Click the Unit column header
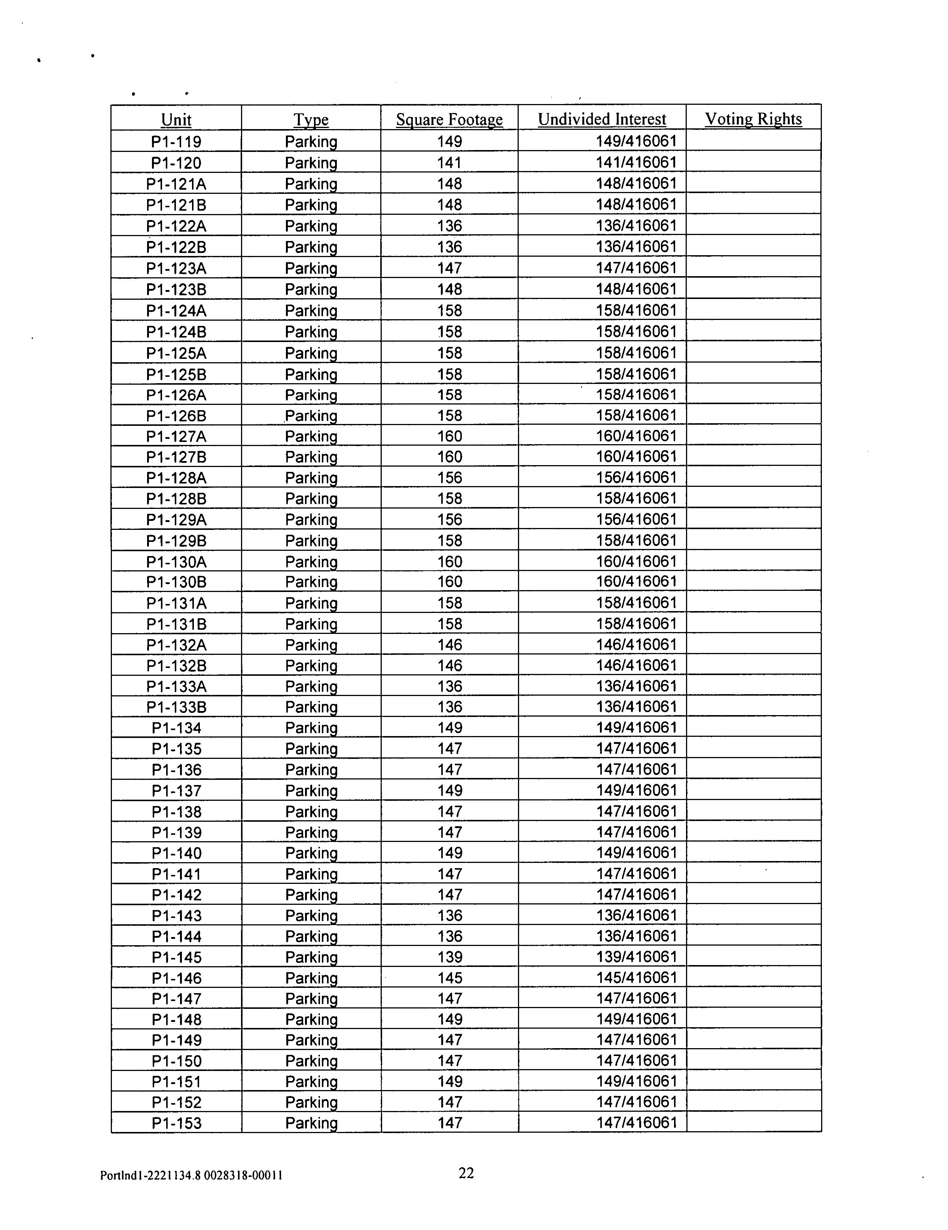point(176,119)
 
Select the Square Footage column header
point(449,119)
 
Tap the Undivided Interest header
point(601,119)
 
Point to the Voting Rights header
point(753,119)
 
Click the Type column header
point(311,119)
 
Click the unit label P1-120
point(176,163)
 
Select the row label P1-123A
point(176,268)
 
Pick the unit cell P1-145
point(176,957)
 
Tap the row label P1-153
point(176,1123)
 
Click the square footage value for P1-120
point(449,163)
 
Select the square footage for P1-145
point(449,957)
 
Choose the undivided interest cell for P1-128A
point(636,477)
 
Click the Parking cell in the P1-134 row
point(311,728)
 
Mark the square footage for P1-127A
point(449,436)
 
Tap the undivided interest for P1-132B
point(636,665)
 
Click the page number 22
point(466,1173)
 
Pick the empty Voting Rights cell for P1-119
point(753,141)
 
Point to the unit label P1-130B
point(176,582)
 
